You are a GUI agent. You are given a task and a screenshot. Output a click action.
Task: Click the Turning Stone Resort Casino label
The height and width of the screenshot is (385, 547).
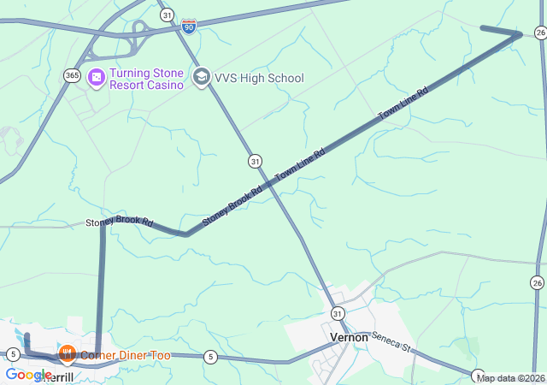146,79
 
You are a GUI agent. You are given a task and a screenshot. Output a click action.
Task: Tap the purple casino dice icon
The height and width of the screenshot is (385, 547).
97,78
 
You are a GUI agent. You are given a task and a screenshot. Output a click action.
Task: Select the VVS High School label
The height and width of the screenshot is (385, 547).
258,78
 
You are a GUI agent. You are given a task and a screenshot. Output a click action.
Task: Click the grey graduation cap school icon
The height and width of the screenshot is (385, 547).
202,78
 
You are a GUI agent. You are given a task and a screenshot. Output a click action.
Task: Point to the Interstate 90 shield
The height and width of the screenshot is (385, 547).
189,27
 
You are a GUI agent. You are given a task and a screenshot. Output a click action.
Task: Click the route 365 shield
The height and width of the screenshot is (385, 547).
72,75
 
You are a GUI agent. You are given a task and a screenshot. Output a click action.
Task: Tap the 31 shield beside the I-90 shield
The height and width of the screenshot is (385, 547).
167,15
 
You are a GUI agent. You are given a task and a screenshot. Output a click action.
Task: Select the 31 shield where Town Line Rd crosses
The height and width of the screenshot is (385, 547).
255,161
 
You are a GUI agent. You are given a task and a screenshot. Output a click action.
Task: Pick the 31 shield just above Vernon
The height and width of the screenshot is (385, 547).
338,314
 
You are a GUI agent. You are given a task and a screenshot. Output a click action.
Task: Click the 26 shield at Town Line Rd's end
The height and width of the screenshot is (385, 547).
540,33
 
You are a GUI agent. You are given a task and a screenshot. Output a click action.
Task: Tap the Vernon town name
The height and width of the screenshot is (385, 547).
349,337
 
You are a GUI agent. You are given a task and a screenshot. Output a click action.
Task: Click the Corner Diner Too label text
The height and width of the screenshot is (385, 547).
126,355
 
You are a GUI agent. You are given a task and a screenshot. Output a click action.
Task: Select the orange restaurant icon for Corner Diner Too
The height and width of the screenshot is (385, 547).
67,353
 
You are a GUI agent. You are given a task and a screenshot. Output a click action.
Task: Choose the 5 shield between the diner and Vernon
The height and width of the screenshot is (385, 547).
210,356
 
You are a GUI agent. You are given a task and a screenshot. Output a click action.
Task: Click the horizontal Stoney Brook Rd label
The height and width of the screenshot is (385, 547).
119,222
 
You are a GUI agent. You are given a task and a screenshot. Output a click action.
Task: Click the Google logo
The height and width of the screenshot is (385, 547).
28,374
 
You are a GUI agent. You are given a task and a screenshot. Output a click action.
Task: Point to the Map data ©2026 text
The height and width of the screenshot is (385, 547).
509,378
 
